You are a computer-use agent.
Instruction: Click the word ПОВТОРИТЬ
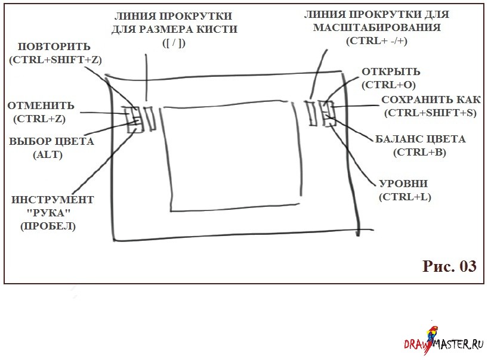[54, 46]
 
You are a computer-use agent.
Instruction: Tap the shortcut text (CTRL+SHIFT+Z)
[55, 60]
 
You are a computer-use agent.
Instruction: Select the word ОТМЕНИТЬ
[41, 105]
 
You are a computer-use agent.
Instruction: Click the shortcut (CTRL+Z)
[39, 119]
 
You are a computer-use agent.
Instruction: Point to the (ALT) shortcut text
[48, 154]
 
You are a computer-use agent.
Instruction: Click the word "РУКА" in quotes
[48, 213]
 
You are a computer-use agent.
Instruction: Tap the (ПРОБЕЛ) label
[48, 226]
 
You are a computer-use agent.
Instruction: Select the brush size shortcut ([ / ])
[174, 42]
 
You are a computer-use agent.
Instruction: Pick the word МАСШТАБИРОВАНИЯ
[377, 27]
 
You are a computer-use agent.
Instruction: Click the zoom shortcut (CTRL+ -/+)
[376, 41]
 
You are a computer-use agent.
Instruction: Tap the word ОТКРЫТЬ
[391, 72]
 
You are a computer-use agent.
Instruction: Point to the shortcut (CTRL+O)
[388, 85]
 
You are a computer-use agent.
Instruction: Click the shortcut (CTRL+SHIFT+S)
[430, 113]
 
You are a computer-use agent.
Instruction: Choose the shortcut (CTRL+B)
[419, 153]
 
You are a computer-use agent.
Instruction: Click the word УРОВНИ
[403, 184]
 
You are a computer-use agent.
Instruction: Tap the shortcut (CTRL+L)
[405, 197]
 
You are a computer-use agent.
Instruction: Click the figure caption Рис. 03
[449, 266]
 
